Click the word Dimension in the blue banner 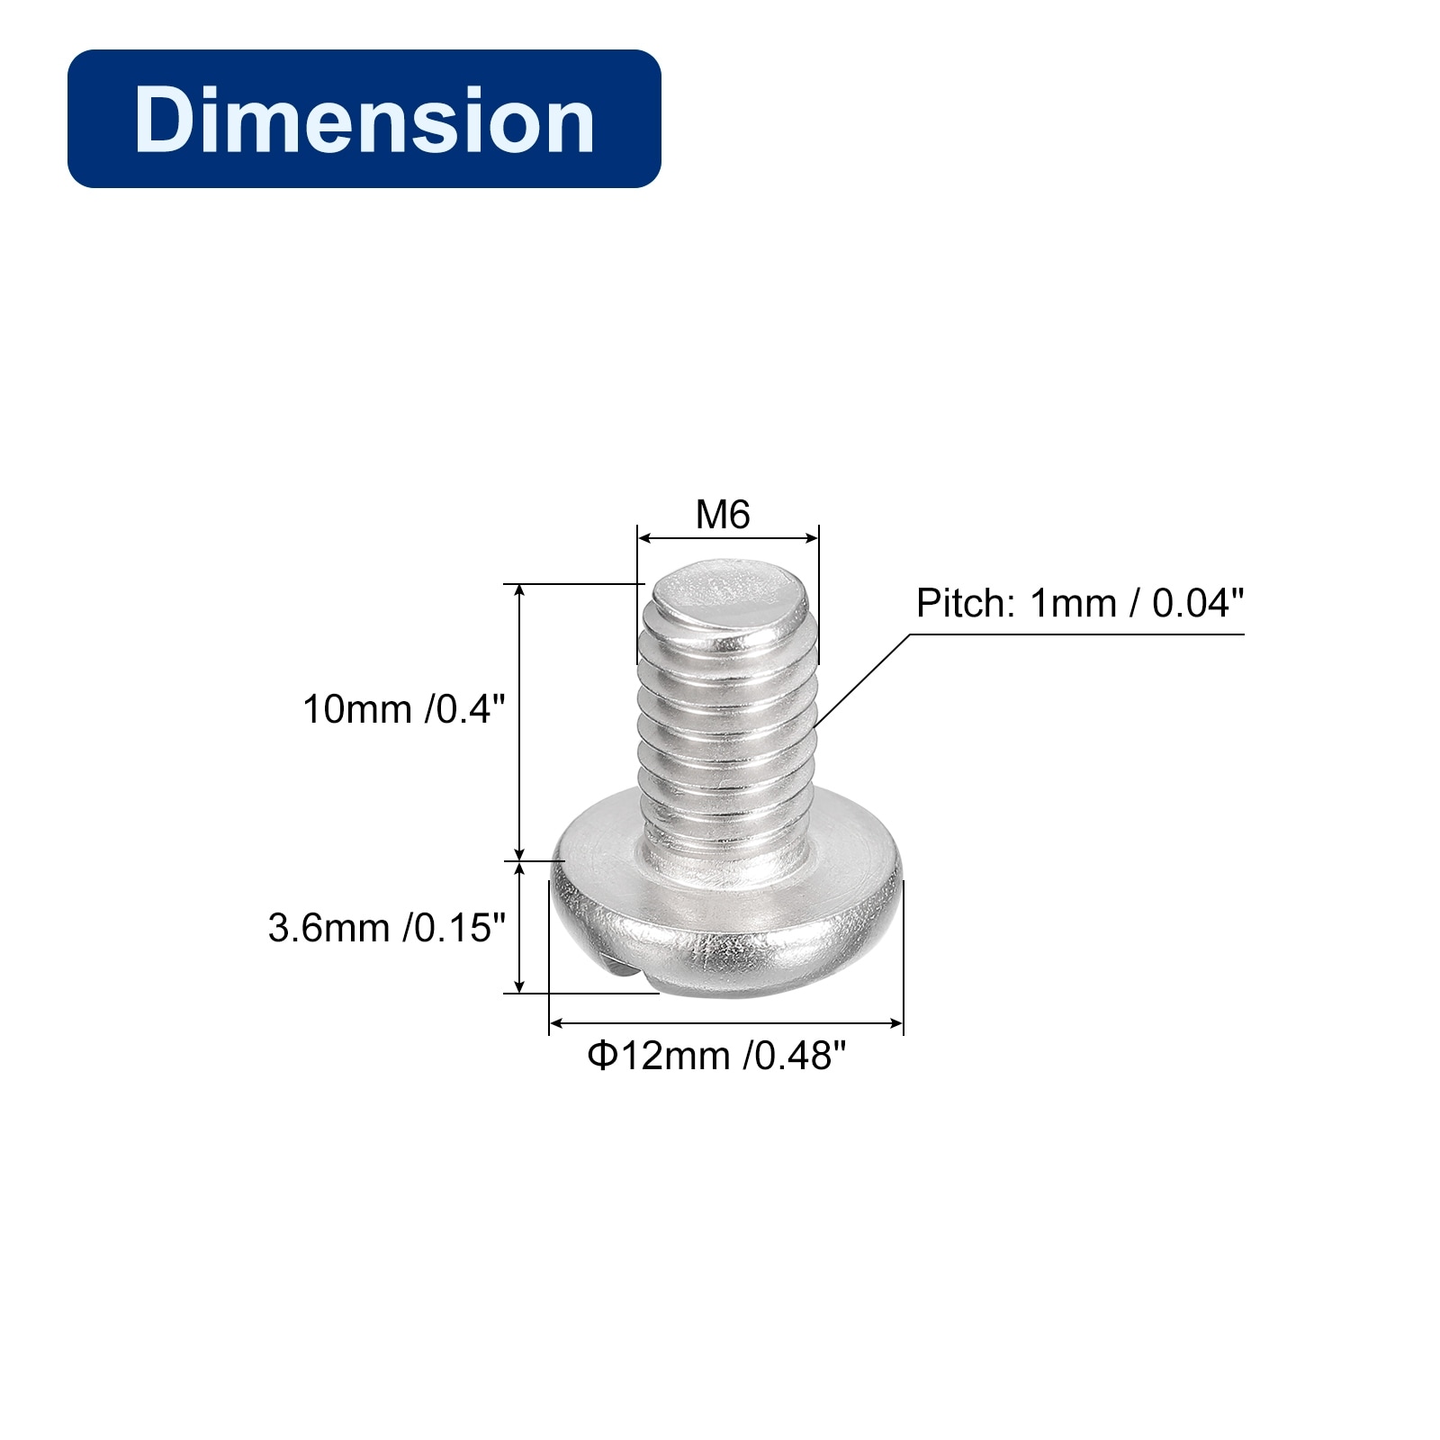point(364,120)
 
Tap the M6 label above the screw point(723,515)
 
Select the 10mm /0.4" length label point(399,709)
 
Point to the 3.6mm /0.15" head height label point(387,927)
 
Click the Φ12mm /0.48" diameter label point(717,1055)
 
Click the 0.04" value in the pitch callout point(1198,603)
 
